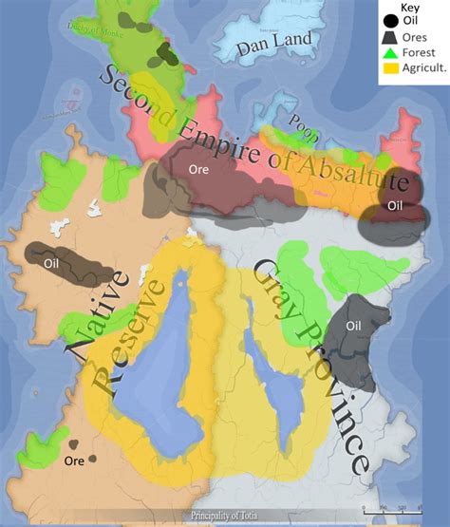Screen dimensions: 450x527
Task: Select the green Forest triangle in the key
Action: [390, 54]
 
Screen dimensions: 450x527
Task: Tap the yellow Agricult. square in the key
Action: [390, 70]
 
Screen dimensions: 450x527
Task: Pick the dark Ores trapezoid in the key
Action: [390, 36]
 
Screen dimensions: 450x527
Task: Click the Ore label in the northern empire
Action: [198, 172]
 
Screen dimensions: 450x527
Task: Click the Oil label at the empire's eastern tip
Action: [396, 205]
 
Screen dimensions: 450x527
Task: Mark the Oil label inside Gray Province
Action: [354, 327]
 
